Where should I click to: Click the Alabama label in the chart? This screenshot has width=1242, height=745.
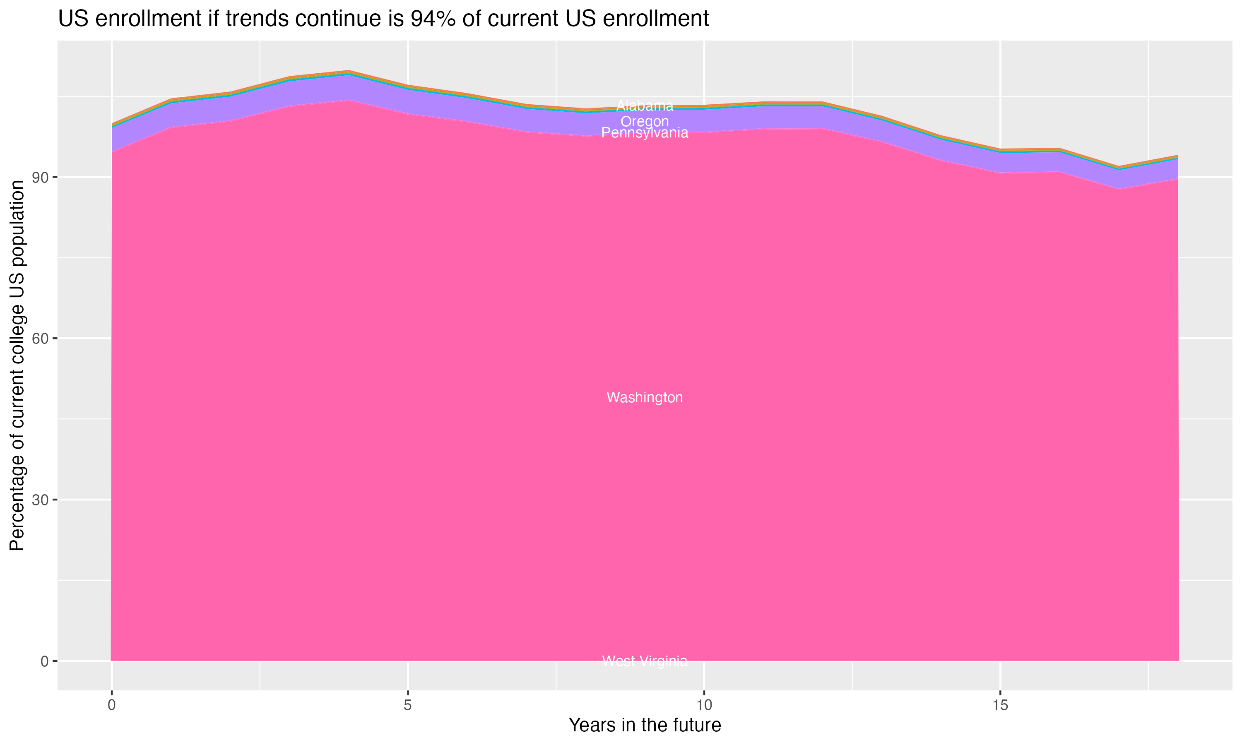point(645,106)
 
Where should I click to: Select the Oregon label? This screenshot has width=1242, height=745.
point(645,122)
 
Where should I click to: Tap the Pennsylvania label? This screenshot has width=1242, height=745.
point(645,133)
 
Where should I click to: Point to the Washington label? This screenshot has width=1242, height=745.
point(645,398)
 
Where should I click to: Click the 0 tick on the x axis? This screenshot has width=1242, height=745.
point(111,705)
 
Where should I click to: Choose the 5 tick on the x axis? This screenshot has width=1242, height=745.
point(408,705)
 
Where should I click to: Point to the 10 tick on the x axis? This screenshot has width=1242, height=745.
point(704,705)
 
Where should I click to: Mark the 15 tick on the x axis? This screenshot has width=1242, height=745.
point(1000,705)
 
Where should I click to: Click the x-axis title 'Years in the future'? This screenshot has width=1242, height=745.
point(645,725)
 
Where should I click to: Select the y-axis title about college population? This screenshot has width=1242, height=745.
point(17,365)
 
